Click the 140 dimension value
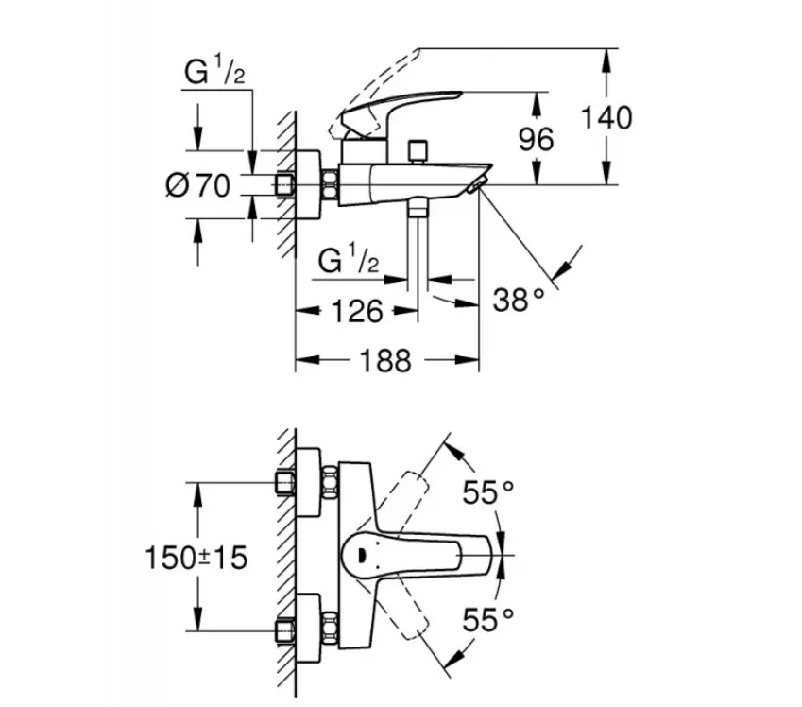(606, 118)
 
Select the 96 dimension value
(536, 139)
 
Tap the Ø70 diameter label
(198, 185)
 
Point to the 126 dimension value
(357, 311)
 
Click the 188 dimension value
(385, 360)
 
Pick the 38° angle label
(519, 299)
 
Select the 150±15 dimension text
(196, 558)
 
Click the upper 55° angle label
(488, 492)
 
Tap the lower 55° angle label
(488, 620)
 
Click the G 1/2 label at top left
(214, 71)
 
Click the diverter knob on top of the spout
(418, 151)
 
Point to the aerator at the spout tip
(476, 186)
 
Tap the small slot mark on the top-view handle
(362, 555)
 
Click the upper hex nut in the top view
(330, 482)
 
